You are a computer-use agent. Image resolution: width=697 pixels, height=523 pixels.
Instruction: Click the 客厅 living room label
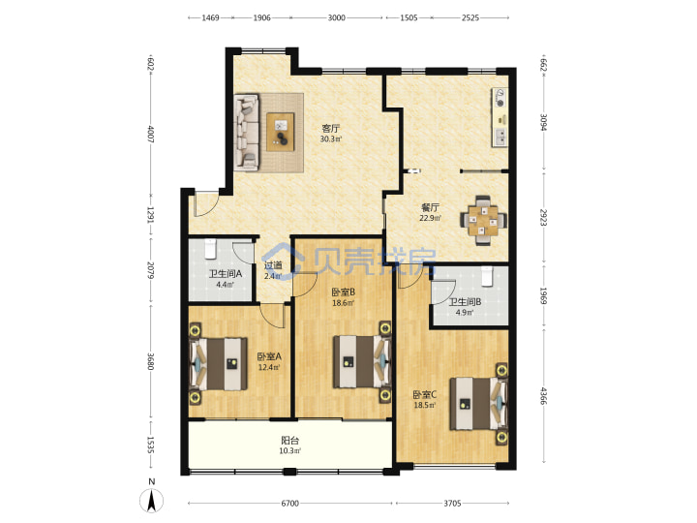(331, 129)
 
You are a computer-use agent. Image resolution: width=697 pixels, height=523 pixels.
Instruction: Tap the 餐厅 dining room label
(430, 207)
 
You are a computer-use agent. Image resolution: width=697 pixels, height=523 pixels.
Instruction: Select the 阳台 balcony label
(289, 441)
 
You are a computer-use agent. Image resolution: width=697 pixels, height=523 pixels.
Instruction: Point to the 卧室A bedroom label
(269, 356)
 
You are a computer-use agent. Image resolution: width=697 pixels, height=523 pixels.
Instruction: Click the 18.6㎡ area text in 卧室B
(343, 303)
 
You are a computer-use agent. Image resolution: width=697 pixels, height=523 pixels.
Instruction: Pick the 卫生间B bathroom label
(465, 302)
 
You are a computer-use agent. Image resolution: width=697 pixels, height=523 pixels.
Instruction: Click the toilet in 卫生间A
(209, 249)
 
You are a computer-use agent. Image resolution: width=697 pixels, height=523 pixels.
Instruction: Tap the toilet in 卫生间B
(488, 276)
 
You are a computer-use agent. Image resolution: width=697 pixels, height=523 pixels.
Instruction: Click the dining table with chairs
(483, 220)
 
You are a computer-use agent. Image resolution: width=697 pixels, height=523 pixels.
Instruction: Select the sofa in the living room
(247, 132)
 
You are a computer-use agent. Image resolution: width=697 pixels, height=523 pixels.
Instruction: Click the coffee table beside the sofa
(281, 132)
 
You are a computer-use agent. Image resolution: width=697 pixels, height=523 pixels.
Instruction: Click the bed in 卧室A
(218, 364)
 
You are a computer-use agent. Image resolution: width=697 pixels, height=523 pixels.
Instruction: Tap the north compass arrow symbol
(152, 501)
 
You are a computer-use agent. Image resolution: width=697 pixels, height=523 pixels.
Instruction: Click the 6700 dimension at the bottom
(289, 504)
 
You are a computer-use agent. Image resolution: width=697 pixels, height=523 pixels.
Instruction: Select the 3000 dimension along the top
(337, 17)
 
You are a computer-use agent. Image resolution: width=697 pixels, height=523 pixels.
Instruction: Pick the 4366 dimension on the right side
(543, 396)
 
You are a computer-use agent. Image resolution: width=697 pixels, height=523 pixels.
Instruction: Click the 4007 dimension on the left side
(150, 134)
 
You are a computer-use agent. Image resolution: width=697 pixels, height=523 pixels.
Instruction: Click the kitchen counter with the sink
(500, 117)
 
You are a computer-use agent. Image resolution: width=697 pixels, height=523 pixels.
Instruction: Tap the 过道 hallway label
(273, 265)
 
